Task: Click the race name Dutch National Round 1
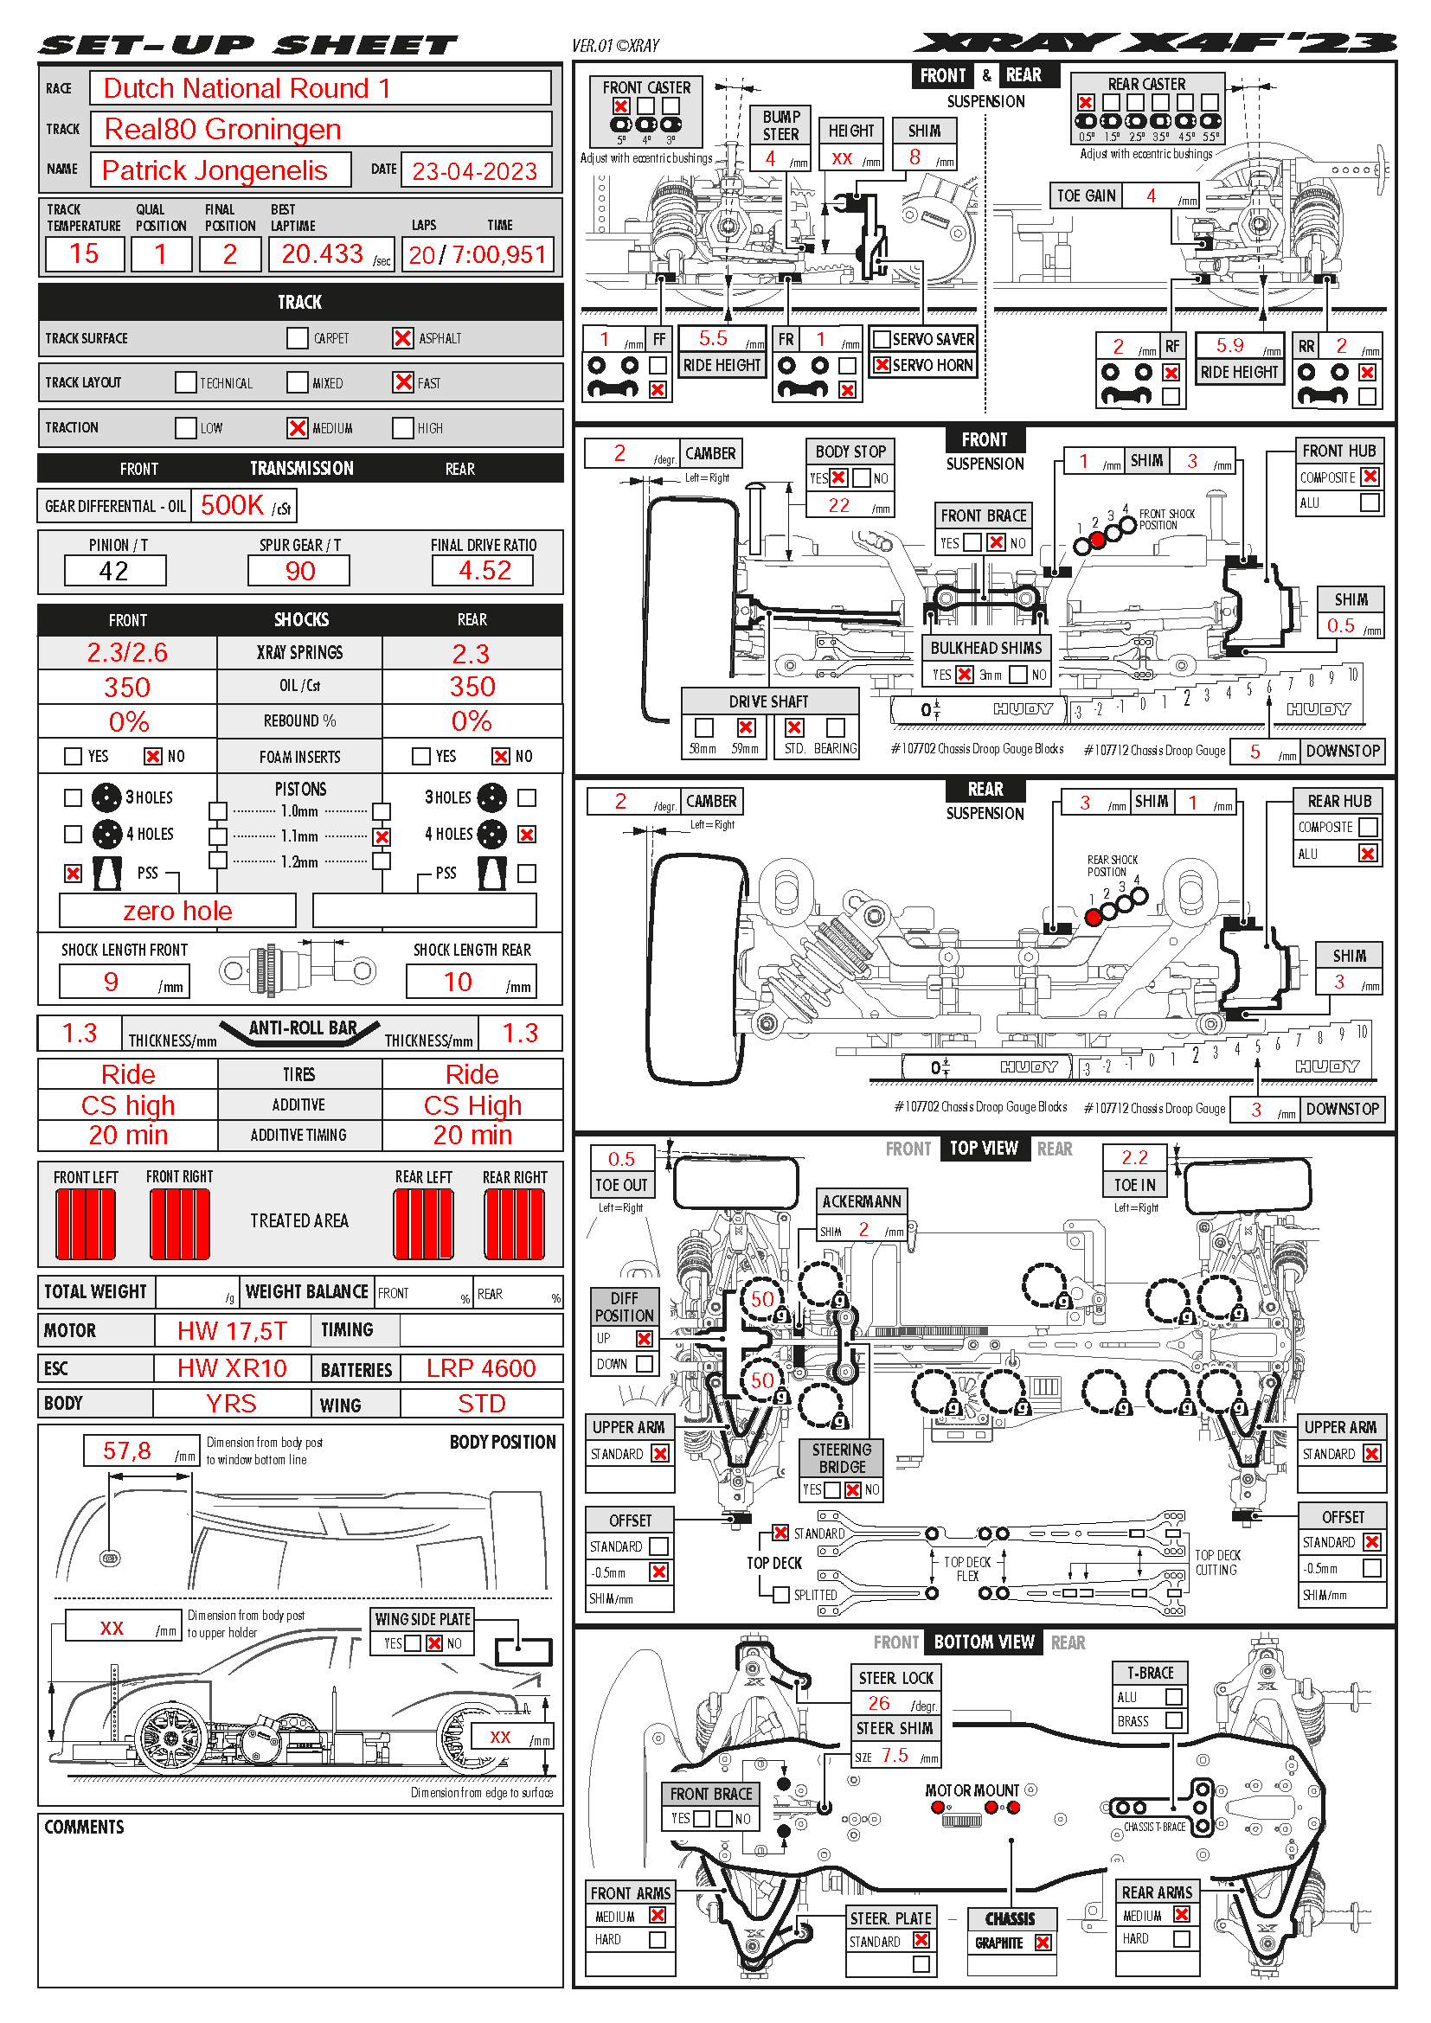click(247, 88)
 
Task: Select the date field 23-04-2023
click(474, 171)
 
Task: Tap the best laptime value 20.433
click(323, 254)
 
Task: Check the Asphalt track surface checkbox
click(403, 338)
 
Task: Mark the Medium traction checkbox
click(298, 428)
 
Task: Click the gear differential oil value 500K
click(233, 506)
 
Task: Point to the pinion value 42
click(114, 571)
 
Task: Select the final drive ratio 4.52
click(484, 571)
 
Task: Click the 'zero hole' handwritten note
click(178, 911)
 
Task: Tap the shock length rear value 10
click(459, 983)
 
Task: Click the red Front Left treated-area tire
click(86, 1224)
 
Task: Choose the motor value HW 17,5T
click(232, 1330)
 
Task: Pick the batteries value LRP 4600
click(481, 1368)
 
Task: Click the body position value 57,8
click(127, 1451)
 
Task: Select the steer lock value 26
click(879, 1703)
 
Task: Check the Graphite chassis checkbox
click(1043, 1943)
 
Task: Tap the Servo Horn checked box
click(881, 365)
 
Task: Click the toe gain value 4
click(1151, 196)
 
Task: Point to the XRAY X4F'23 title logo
click(1154, 43)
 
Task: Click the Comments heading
click(85, 1828)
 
